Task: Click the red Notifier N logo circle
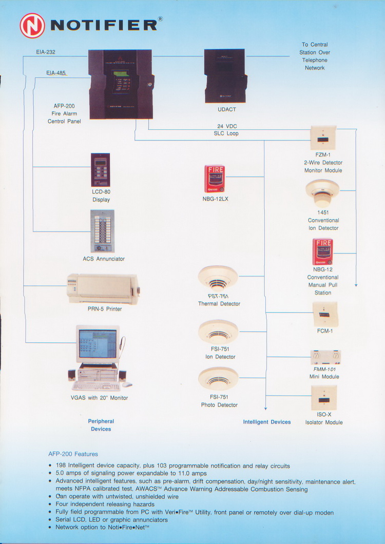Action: click(32, 25)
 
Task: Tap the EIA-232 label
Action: click(46, 52)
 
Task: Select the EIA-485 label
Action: click(56, 73)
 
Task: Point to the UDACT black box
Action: click(225, 75)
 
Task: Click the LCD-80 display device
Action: click(101, 170)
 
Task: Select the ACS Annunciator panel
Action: click(102, 231)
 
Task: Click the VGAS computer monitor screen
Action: click(97, 344)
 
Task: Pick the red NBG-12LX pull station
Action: click(215, 179)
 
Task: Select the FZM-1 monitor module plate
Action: click(323, 138)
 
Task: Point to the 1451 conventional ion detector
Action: click(322, 192)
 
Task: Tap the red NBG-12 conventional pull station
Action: click(322, 251)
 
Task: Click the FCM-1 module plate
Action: click(325, 314)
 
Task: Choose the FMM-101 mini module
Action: click(325, 357)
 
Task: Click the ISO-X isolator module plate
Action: click(324, 398)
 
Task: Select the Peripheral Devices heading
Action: click(101, 425)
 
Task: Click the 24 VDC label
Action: click(226, 126)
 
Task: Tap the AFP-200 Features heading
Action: click(73, 454)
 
